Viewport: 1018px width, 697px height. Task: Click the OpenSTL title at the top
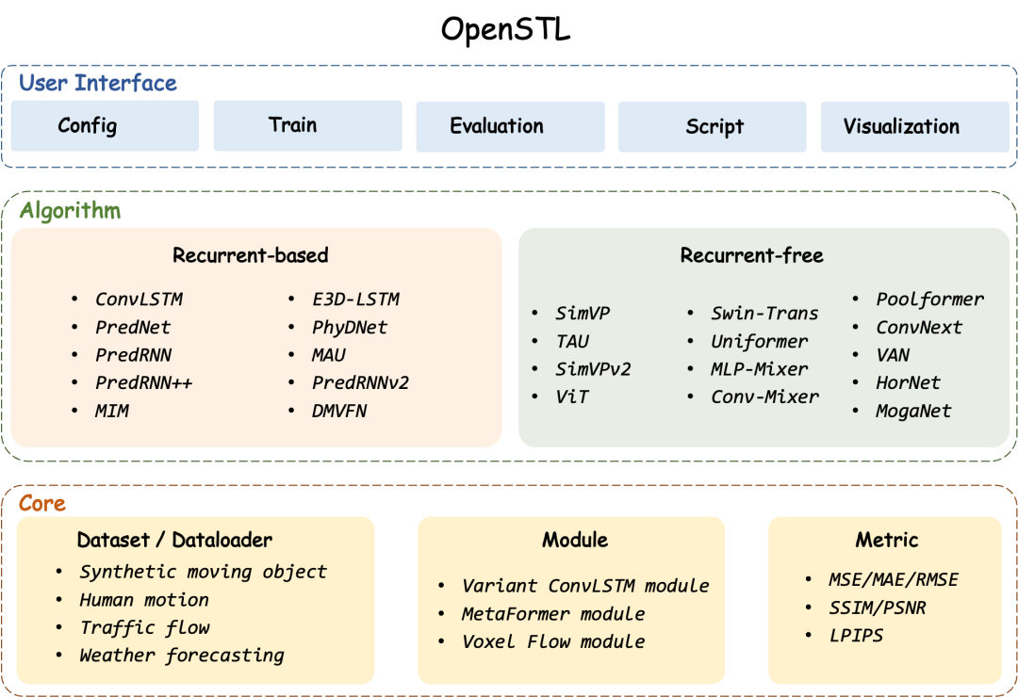[506, 30]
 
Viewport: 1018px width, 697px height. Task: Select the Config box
[106, 126]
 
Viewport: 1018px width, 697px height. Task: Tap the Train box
[307, 126]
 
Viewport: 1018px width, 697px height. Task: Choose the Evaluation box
[510, 126]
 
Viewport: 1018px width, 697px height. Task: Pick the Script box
[713, 126]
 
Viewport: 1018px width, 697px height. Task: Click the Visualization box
[915, 126]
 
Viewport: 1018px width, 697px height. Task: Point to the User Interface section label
[97, 83]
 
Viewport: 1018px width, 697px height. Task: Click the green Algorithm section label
[70, 211]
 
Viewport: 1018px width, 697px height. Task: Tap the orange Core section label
[42, 504]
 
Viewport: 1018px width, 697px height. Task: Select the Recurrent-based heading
[251, 255]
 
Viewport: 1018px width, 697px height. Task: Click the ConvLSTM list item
[139, 300]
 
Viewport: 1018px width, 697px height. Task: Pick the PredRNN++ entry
[143, 383]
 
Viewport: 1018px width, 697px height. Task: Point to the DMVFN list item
[339, 411]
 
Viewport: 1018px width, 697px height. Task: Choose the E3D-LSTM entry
[355, 300]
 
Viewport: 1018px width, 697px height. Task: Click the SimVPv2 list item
[593, 369]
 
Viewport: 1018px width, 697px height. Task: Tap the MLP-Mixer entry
[760, 369]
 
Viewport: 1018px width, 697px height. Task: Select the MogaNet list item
[913, 411]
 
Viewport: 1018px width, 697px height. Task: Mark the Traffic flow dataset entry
[145, 627]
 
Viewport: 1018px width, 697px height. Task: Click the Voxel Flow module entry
[553, 641]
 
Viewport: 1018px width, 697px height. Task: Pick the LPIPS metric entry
[856, 636]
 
